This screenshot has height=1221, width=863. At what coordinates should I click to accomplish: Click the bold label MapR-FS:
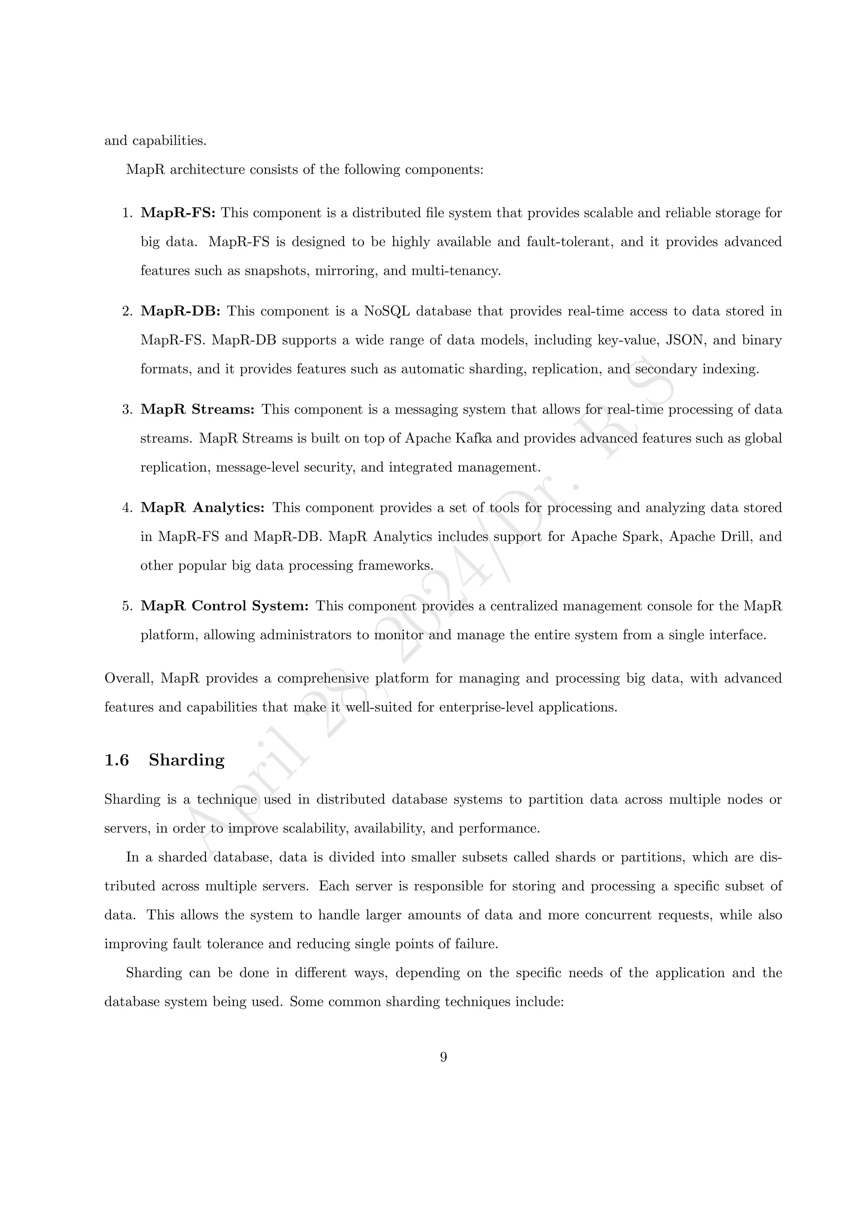click(x=178, y=213)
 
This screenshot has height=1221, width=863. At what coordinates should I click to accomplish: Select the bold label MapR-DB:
click(x=180, y=312)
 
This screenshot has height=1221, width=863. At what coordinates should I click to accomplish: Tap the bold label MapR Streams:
click(x=198, y=409)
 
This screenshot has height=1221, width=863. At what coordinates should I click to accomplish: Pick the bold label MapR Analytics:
click(x=202, y=508)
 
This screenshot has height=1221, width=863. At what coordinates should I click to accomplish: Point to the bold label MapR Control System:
click(x=224, y=606)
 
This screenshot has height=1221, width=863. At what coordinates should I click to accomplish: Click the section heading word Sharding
click(x=187, y=761)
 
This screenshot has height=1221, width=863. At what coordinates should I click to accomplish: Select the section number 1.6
click(x=116, y=761)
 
